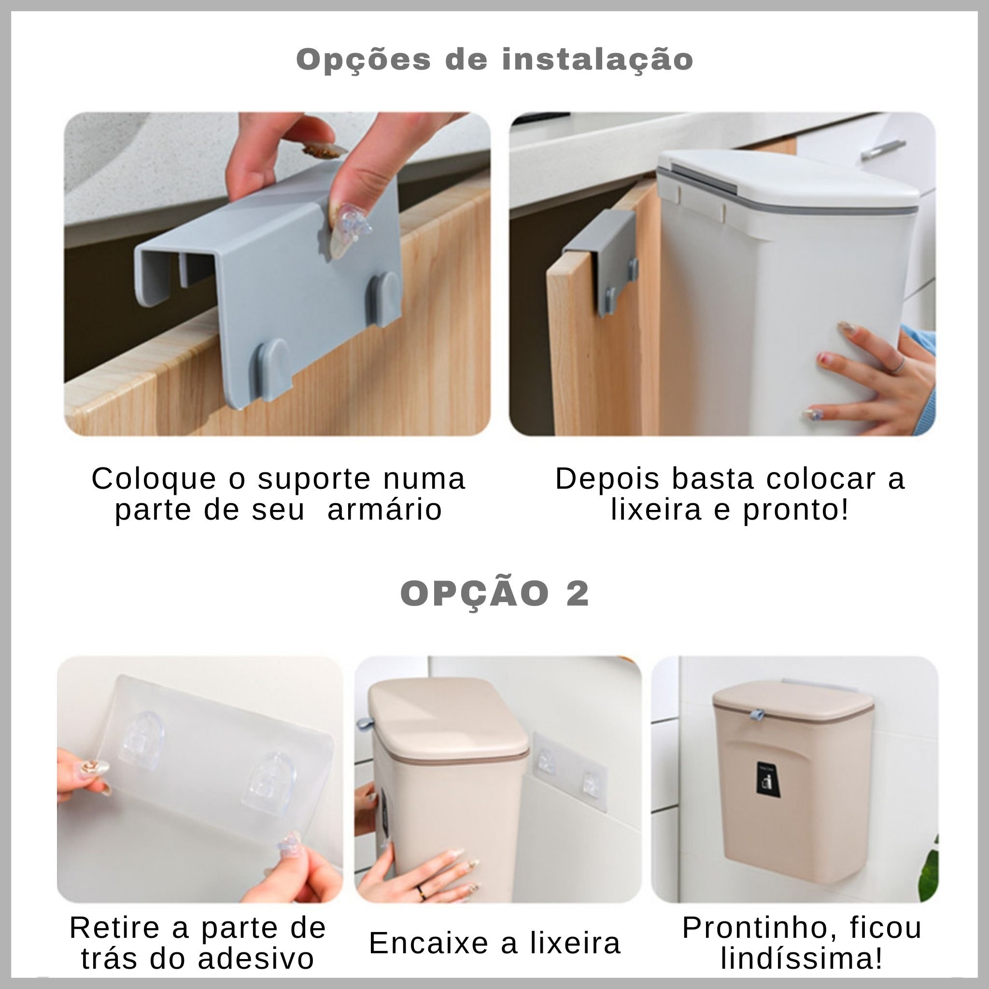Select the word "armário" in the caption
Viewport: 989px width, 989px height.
[x=384, y=510]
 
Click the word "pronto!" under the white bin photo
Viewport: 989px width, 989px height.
[x=795, y=510]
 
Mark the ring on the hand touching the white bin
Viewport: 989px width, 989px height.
[x=901, y=363]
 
